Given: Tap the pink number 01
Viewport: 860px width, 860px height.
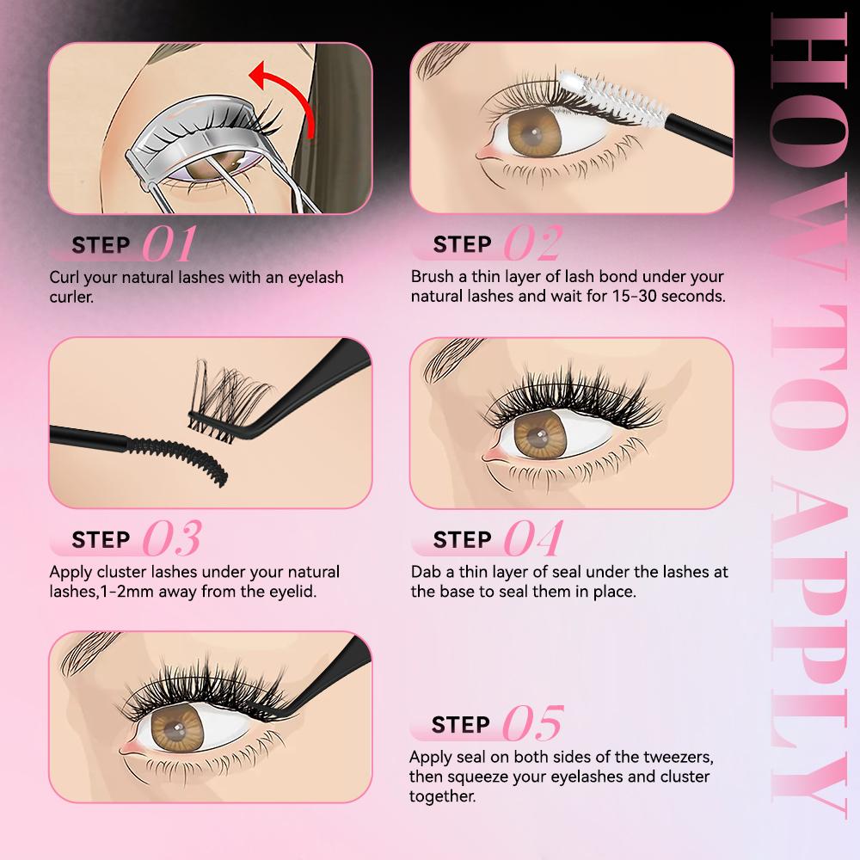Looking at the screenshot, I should (x=169, y=245).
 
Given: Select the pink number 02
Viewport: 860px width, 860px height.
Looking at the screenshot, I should (x=532, y=245).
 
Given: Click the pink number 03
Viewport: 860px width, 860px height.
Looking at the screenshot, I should (x=171, y=539).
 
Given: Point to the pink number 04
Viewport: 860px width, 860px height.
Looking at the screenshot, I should (x=532, y=539).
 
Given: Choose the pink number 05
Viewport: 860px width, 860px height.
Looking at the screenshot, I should (x=532, y=723).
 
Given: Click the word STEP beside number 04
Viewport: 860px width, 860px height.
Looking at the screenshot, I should (x=462, y=539).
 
